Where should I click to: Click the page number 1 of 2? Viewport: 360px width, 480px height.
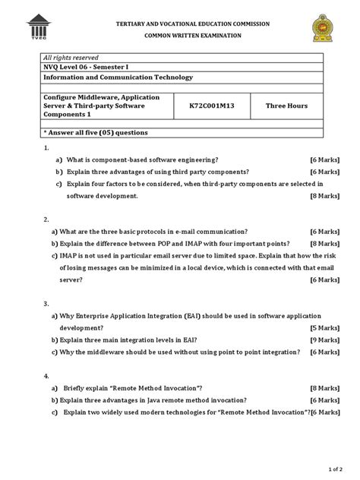(336, 469)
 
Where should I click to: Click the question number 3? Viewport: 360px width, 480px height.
(48, 303)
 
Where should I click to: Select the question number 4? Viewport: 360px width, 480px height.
(48, 376)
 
